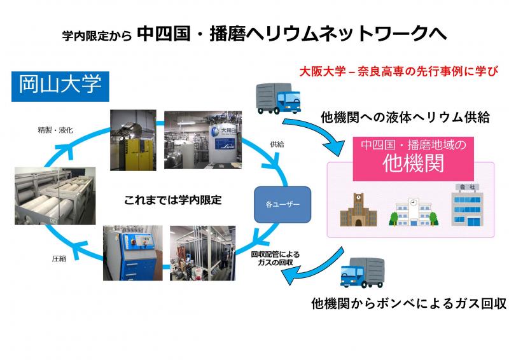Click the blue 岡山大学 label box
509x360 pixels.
pos(60,87)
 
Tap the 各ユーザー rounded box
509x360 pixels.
pos(282,205)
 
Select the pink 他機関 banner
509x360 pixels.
pos(413,159)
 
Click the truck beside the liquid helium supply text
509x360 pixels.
pos(278,99)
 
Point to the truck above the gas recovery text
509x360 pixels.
pos(362,272)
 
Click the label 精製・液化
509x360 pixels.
pos(55,130)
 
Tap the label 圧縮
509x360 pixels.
pos(59,258)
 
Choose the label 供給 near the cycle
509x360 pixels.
pos(277,144)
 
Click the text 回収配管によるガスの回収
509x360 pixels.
pos(275,258)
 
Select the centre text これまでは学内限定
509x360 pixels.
pos(172,200)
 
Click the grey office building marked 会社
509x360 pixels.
pos(467,205)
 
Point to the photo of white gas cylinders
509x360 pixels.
pos(55,196)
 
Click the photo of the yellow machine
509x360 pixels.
pos(133,140)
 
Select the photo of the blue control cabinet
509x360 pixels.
pos(133,253)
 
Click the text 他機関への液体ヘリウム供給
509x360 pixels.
pos(405,117)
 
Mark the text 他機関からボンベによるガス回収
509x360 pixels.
pos(408,303)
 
